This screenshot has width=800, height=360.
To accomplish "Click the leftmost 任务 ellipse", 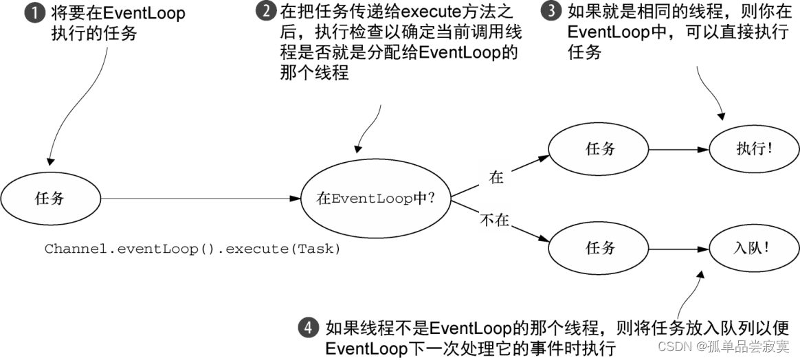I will tap(49, 199).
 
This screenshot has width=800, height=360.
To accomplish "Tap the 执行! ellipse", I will tap(754, 148).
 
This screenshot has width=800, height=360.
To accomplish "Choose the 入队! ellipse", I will tap(754, 247).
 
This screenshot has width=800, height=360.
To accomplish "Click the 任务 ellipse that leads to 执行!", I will tap(600, 148).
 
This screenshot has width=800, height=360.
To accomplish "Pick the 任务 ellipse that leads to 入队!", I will tap(600, 247).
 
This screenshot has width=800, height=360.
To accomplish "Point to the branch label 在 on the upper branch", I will tap(496, 177).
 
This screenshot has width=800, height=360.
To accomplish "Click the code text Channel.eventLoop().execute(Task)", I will tap(192, 248).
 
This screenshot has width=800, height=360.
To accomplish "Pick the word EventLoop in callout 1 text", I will tap(144, 13).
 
